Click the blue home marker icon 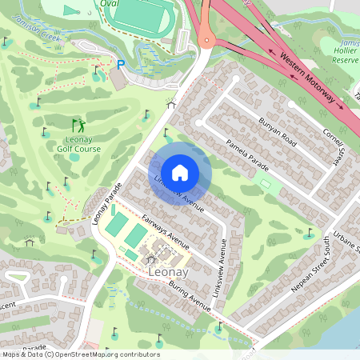[x=180, y=172]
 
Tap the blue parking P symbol [x=122, y=65]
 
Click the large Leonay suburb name [x=168, y=273]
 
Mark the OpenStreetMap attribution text [x=80, y=354]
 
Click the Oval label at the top [x=109, y=3]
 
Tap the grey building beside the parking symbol [x=118, y=79]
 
